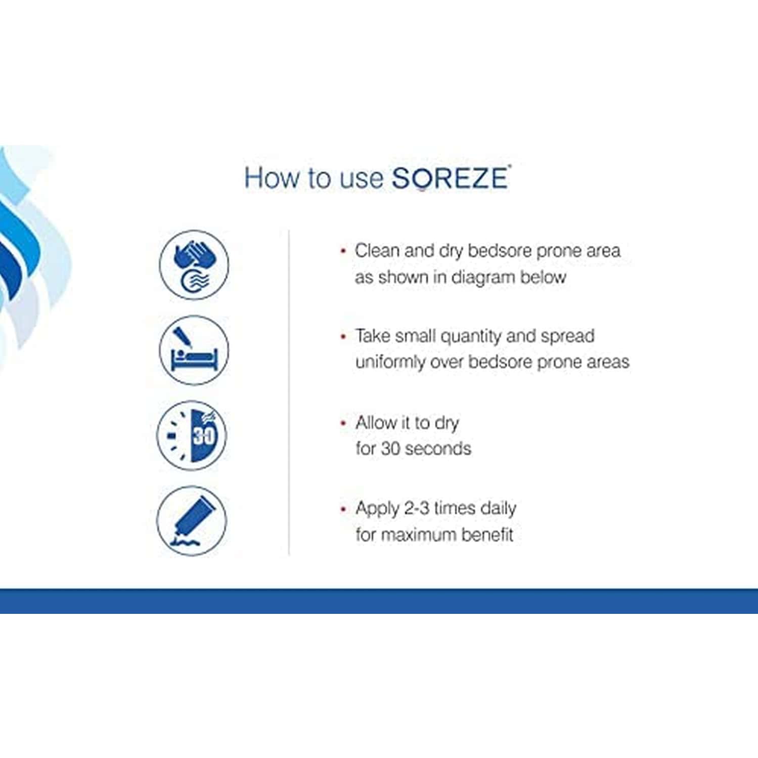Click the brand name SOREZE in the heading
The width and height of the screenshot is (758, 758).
[450, 178]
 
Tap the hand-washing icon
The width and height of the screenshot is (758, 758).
[194, 264]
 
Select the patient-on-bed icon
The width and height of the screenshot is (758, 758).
[194, 350]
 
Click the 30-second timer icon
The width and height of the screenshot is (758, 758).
[192, 435]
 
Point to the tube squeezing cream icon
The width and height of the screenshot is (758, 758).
[192, 520]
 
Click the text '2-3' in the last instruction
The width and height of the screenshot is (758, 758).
[417, 508]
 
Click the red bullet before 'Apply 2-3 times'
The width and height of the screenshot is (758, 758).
[344, 509]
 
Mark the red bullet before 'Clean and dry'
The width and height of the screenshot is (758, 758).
[344, 251]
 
